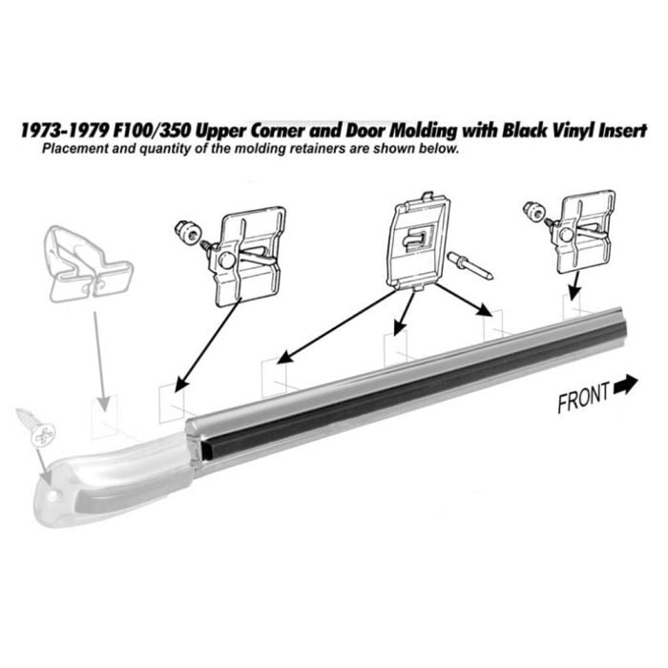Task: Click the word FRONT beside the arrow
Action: (584, 397)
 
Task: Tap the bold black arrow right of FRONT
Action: (625, 386)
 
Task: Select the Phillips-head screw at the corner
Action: (36, 428)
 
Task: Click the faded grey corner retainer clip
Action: (90, 264)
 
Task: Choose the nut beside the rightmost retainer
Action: (534, 211)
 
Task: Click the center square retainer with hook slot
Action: (418, 241)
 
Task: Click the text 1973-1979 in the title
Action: (65, 131)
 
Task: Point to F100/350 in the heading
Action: (152, 131)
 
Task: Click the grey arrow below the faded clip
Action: (100, 362)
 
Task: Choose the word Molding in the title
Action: (424, 132)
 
